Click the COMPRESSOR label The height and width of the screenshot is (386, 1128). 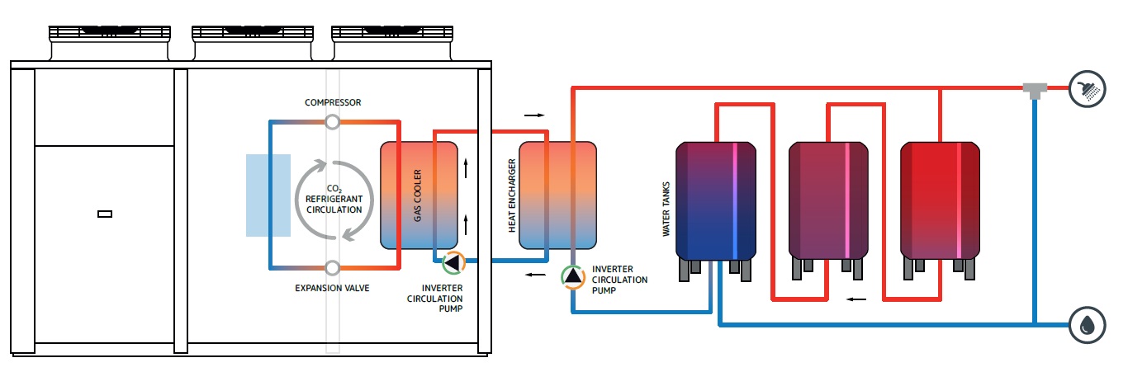[x=333, y=102]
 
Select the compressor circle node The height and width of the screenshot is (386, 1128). [x=332, y=122]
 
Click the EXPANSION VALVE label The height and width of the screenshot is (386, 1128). [x=332, y=288]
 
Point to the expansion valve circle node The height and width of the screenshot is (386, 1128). [x=332, y=268]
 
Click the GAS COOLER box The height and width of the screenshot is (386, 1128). [x=419, y=195]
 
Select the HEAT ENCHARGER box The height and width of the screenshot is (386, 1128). [x=557, y=195]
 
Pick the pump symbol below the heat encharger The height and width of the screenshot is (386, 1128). [x=572, y=276]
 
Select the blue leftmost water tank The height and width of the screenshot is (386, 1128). [x=716, y=200]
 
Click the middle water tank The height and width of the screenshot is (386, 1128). [x=828, y=200]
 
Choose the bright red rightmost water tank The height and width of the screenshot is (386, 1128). [x=941, y=200]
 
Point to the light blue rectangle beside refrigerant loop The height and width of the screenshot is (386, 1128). [x=268, y=195]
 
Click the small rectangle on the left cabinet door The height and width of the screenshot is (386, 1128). [x=105, y=214]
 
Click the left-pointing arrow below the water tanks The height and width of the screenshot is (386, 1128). [x=858, y=299]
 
